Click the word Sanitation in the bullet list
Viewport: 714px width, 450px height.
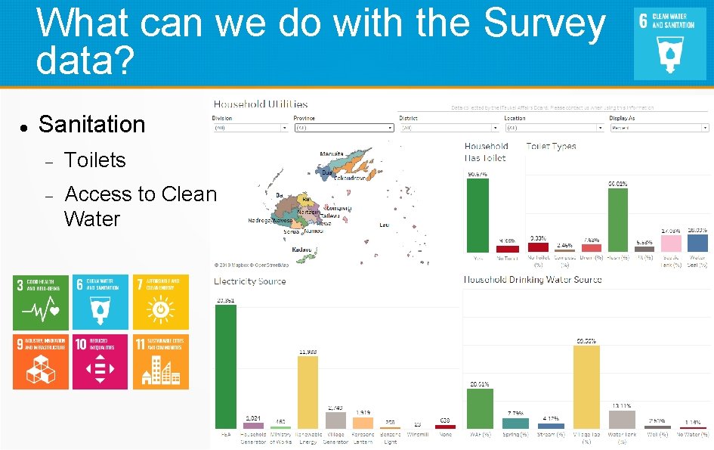(91, 124)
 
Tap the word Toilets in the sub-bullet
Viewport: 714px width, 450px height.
(95, 160)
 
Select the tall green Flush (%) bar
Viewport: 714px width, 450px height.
(618, 220)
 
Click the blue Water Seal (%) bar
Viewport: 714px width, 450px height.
(698, 243)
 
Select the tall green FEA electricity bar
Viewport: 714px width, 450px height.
(225, 367)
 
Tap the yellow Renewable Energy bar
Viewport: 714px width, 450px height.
(308, 393)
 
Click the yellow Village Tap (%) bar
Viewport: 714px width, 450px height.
(586, 386)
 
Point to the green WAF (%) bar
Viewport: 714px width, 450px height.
(480, 408)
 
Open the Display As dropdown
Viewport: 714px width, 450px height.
(659, 128)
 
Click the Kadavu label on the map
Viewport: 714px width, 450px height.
(302, 249)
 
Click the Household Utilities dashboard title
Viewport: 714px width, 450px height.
(261, 104)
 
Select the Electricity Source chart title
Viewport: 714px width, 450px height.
(250, 281)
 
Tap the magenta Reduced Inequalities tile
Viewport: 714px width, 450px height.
(100, 362)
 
